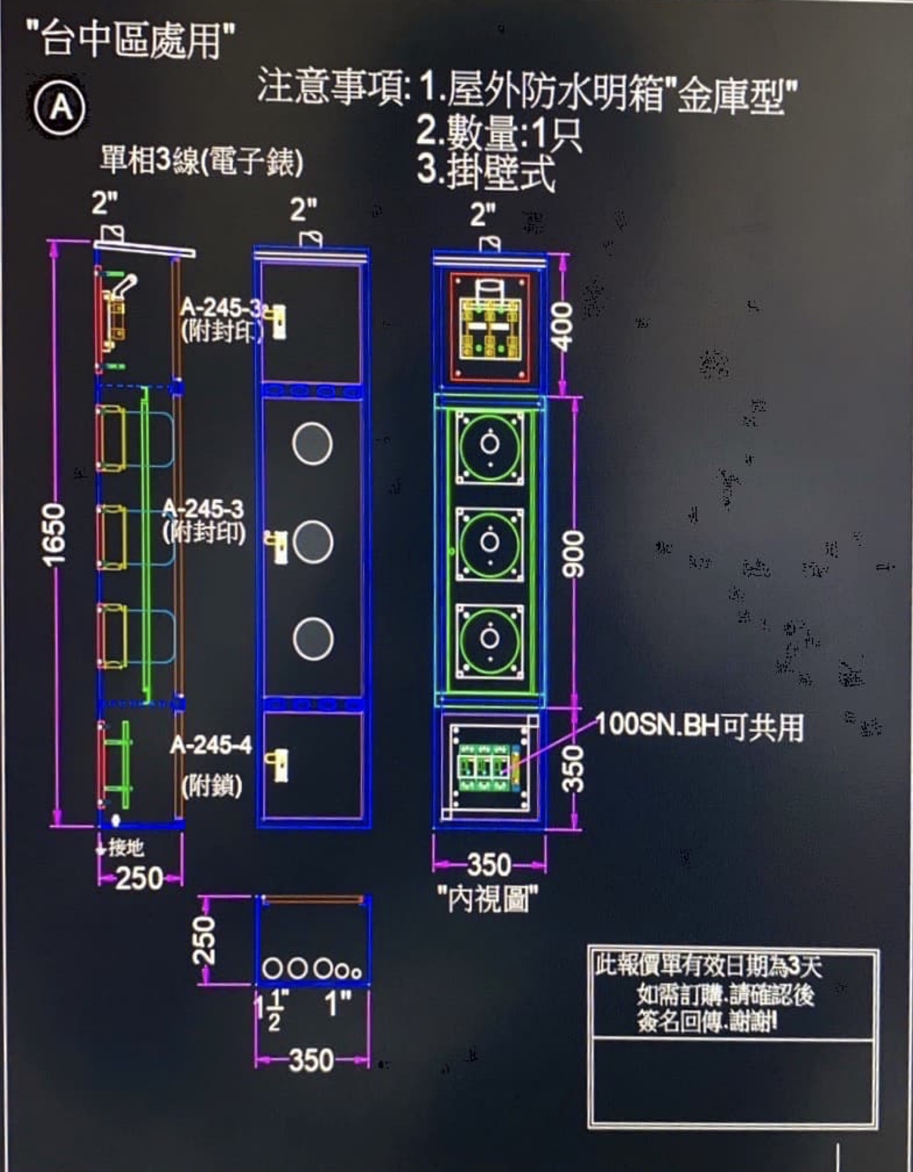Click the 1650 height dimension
pyautogui.click(x=55, y=533)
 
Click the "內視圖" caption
pyautogui.click(x=488, y=899)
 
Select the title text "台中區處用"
pyautogui.click(x=131, y=40)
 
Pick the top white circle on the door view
pyautogui.click(x=313, y=444)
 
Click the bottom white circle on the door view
pyautogui.click(x=313, y=639)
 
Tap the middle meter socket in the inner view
pyautogui.click(x=490, y=542)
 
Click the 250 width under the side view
pyautogui.click(x=139, y=878)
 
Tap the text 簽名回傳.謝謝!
pyautogui.click(x=708, y=1023)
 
